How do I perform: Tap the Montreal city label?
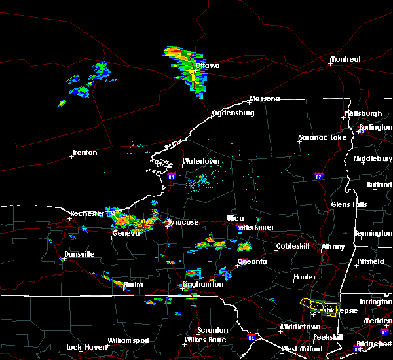[345, 60]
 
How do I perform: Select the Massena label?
[264, 99]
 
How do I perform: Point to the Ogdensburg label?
[232, 113]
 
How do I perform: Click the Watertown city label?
[200, 161]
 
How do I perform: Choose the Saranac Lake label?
[322, 138]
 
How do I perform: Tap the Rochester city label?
[87, 213]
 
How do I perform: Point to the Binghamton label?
[203, 285]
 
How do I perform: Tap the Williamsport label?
[128, 340]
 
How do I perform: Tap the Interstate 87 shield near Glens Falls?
[318, 176]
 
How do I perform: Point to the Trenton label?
[84, 153]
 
